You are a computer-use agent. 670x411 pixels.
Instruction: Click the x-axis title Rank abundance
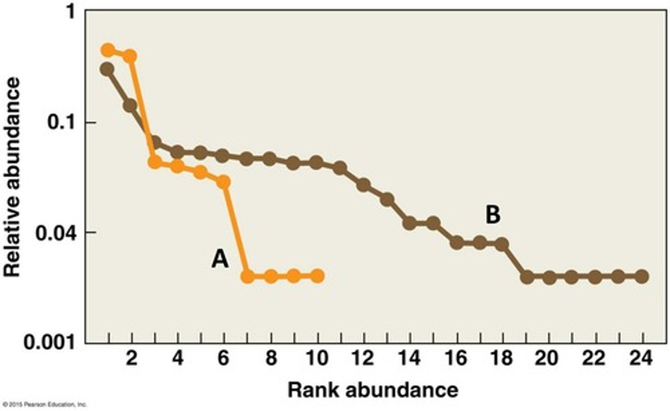point(372,390)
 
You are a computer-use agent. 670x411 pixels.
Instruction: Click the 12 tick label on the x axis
point(363,358)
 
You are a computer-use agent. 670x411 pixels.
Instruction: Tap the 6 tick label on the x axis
point(224,358)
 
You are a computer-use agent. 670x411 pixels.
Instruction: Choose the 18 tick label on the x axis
point(502,358)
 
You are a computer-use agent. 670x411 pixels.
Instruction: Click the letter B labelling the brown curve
point(493,215)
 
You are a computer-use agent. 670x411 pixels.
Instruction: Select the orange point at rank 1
point(108,50)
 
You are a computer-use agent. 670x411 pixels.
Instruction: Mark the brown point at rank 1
point(107,69)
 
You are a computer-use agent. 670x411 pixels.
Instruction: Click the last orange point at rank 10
point(317,277)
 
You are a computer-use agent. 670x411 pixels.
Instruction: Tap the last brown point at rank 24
point(642,277)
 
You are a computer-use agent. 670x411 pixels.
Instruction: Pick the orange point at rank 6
point(224,182)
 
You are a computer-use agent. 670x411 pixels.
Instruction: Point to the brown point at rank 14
point(410,223)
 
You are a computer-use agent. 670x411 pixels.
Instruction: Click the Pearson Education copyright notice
point(44,404)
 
